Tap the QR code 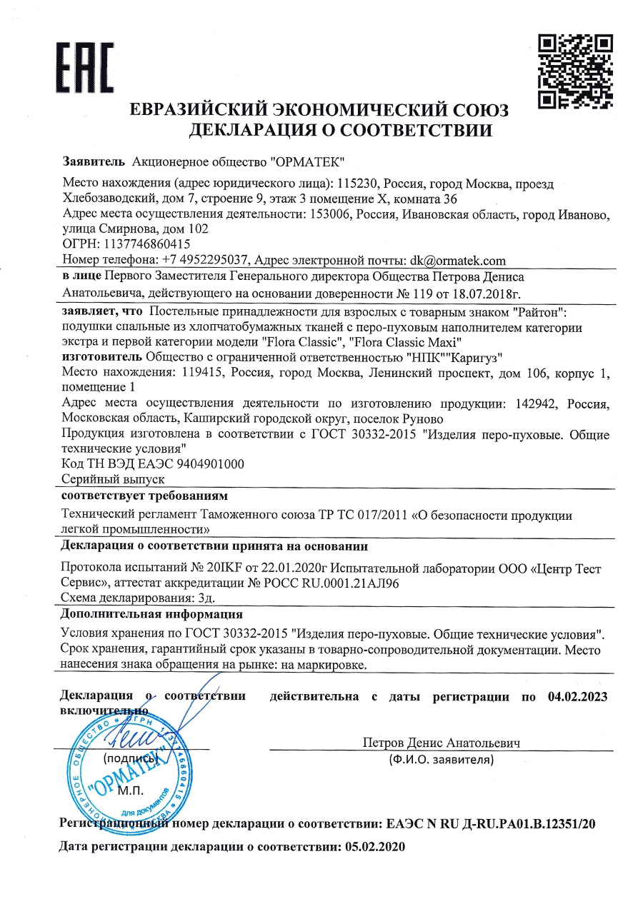point(575,71)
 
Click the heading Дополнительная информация point(151,614)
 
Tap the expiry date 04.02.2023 point(578,697)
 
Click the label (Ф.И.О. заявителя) point(441,760)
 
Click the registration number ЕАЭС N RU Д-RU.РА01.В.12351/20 point(491,823)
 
